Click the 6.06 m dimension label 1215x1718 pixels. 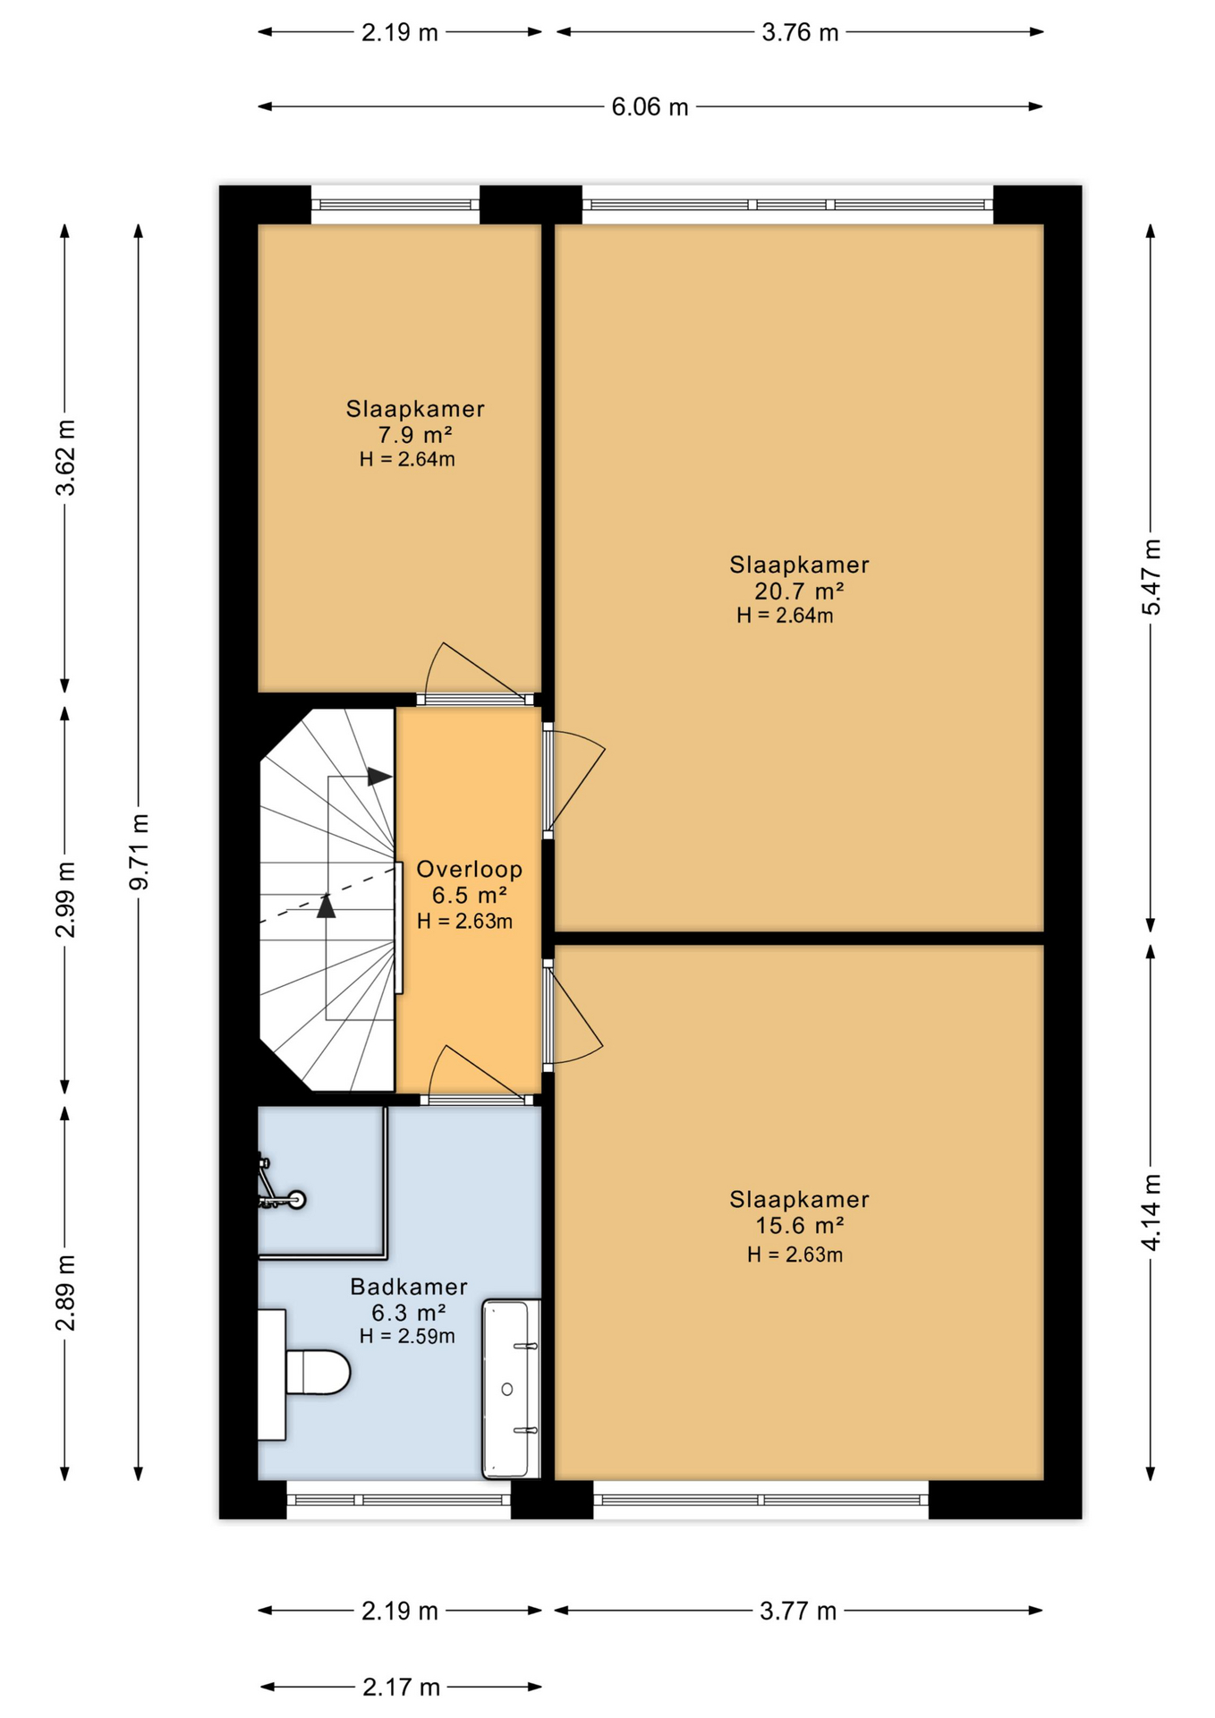pyautogui.click(x=650, y=107)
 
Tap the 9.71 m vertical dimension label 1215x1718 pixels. pyautogui.click(x=140, y=852)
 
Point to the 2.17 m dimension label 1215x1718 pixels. pyautogui.click(x=401, y=1688)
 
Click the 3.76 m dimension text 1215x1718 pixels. pyautogui.click(x=800, y=33)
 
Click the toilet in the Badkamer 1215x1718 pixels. pyautogui.click(x=304, y=1374)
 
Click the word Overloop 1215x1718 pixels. pyautogui.click(x=469, y=869)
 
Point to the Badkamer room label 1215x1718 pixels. pyautogui.click(x=409, y=1287)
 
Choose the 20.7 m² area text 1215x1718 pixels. pyautogui.click(x=799, y=591)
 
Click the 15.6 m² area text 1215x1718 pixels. pyautogui.click(x=799, y=1226)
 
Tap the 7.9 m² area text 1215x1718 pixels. pyautogui.click(x=414, y=435)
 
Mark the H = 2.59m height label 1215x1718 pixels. pyautogui.click(x=407, y=1337)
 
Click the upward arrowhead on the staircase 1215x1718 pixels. pyautogui.click(x=327, y=906)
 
